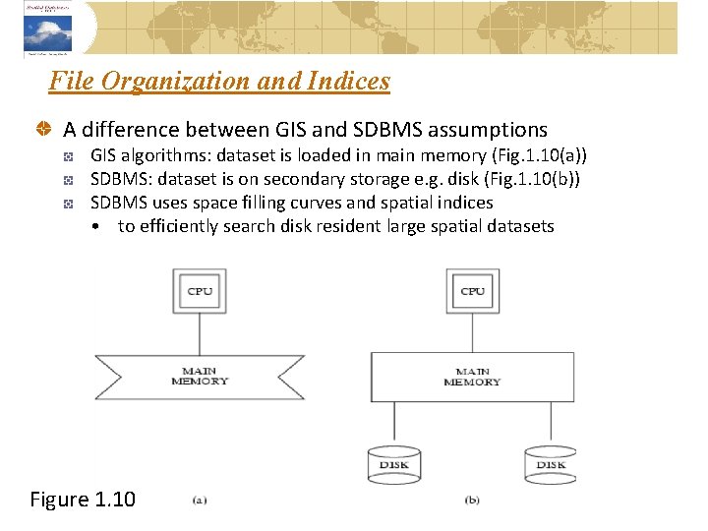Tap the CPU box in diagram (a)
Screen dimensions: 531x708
point(201,291)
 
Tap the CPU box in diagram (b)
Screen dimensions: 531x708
point(472,291)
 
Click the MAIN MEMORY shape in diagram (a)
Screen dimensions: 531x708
point(200,375)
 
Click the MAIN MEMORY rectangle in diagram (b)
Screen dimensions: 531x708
point(472,376)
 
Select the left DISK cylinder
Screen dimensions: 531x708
point(394,463)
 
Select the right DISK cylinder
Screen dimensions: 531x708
point(550,463)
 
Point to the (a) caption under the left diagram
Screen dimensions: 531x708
point(199,500)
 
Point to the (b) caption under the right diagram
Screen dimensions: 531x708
point(472,500)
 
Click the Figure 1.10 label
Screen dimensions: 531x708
point(83,500)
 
